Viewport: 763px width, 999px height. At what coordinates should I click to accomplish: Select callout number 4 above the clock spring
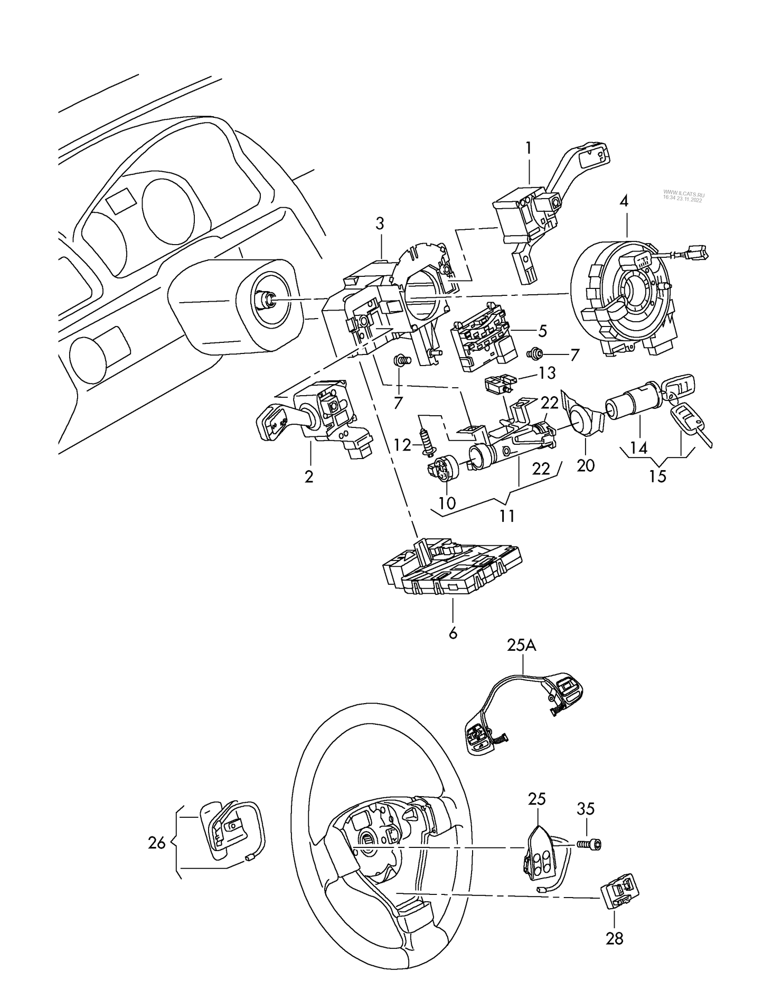point(625,201)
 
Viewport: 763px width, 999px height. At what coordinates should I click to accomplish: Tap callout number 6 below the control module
point(453,632)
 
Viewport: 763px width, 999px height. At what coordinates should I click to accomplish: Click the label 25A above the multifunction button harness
point(522,646)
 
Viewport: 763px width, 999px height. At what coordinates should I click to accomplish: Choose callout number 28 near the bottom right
point(615,939)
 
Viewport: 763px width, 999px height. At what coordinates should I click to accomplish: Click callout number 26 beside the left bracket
point(157,843)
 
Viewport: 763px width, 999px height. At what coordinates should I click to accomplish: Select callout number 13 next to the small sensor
point(547,373)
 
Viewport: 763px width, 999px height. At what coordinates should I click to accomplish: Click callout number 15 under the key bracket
point(658,476)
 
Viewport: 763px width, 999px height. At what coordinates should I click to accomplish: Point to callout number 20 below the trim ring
point(586,465)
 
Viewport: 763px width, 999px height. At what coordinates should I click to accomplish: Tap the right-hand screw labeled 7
point(539,352)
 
